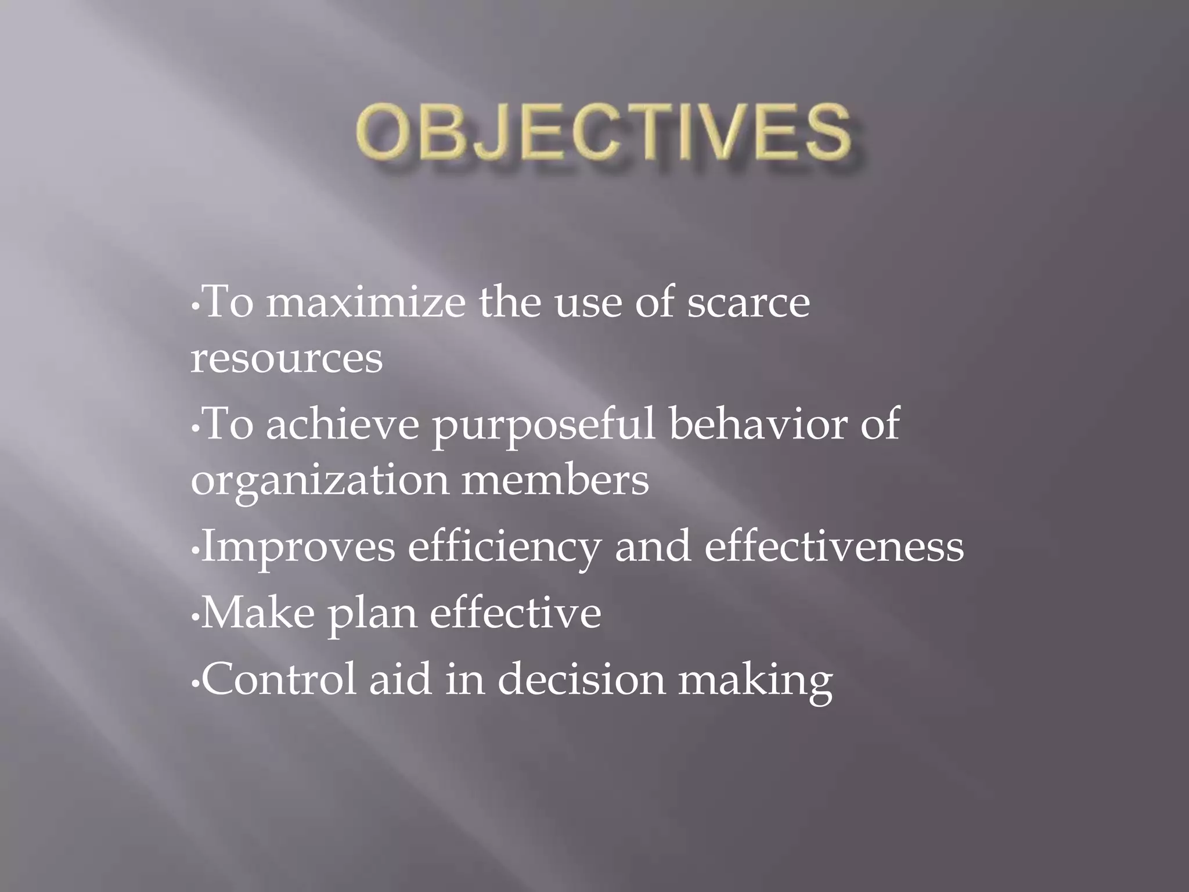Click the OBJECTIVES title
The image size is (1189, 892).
click(x=604, y=132)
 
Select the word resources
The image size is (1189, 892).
click(x=287, y=358)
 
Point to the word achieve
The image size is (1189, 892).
click(x=343, y=425)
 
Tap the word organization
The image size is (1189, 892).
click(x=320, y=482)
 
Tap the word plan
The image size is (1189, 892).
click(x=372, y=616)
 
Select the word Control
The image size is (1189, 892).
click(x=279, y=679)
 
